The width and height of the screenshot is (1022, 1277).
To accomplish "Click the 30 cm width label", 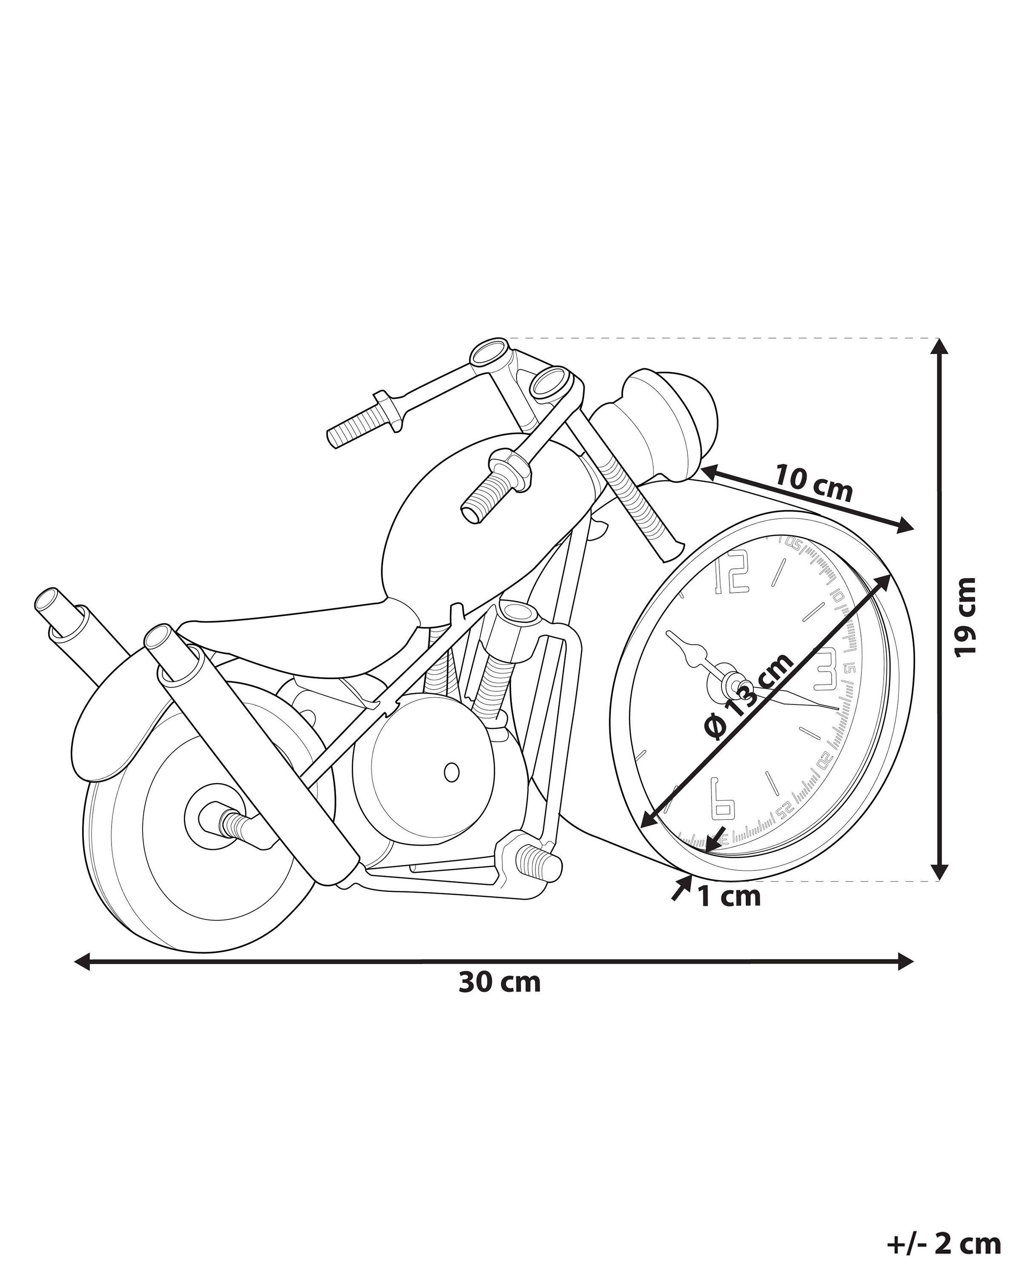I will tap(500, 982).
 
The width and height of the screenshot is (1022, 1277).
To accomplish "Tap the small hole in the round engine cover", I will tap(451, 772).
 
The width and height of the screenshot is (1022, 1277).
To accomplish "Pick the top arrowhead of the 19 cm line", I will tap(937, 346).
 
